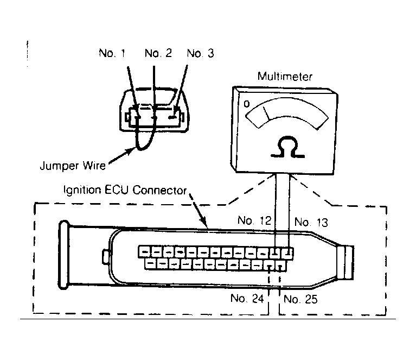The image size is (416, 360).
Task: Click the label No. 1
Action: point(112,53)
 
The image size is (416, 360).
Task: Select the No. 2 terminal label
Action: point(158,53)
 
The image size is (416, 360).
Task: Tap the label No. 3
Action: point(200,53)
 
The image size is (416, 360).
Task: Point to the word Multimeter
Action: point(285,77)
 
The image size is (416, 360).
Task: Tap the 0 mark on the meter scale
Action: point(247,104)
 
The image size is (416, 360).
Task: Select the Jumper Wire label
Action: point(73,166)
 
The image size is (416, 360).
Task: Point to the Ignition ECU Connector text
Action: point(125,190)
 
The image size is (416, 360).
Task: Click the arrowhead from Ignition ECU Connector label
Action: point(203,221)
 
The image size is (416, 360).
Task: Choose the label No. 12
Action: point(254,220)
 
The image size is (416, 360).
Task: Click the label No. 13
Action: point(311,222)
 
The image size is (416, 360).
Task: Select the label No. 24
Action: point(247,298)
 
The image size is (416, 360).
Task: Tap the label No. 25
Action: point(300,299)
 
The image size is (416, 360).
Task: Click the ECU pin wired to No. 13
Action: point(287,253)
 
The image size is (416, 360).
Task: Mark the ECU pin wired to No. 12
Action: point(276,253)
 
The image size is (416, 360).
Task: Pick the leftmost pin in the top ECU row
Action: point(144,252)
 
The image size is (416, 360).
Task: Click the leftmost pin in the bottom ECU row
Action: point(151,264)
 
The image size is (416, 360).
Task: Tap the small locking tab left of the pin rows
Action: point(106,256)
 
